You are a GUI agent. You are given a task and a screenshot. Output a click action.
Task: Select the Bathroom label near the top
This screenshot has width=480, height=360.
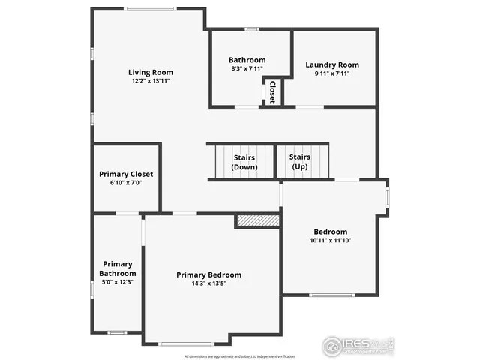point(247,60)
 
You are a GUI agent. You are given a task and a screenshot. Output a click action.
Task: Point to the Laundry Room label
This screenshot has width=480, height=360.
point(332,64)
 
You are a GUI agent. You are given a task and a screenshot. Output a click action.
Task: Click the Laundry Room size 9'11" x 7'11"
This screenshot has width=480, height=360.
point(332,73)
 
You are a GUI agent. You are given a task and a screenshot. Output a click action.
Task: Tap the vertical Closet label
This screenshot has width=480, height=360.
point(271,91)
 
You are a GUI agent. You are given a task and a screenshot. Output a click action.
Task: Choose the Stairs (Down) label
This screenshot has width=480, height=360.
point(244,162)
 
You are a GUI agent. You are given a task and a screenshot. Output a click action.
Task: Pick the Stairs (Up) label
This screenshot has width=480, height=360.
point(300,162)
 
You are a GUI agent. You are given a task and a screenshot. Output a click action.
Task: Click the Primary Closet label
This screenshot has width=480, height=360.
point(126,174)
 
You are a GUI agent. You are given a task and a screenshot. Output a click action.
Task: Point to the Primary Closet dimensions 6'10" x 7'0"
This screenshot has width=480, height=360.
point(126,183)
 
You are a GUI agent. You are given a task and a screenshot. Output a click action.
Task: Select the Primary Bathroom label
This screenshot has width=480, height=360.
point(117,268)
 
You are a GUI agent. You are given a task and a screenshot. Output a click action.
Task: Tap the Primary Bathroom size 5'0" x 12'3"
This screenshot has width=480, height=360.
point(117,282)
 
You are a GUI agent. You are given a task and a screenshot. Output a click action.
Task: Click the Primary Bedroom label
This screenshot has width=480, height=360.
point(208,275)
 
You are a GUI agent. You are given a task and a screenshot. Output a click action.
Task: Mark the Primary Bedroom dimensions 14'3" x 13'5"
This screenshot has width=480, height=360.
point(208,284)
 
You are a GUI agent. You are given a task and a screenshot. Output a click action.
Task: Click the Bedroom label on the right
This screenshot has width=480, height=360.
point(330,232)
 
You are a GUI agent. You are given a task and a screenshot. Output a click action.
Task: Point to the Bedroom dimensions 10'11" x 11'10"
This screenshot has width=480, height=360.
point(330,241)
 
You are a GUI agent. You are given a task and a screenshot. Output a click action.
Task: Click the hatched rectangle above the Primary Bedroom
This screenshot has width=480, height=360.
point(257,220)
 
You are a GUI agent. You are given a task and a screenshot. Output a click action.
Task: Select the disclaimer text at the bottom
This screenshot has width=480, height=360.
point(239,355)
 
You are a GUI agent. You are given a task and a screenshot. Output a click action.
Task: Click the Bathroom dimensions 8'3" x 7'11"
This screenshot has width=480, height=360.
point(247,69)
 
